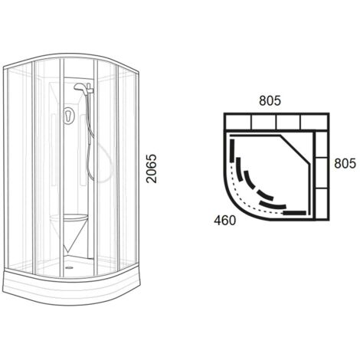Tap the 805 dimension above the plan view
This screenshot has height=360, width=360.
pos(270,100)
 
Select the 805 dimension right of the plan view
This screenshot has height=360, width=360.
pos(345,163)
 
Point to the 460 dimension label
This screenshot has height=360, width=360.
pos(225,221)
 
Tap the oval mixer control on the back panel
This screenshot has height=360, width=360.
pos(68,116)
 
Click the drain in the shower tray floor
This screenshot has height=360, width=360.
pos(69,268)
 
